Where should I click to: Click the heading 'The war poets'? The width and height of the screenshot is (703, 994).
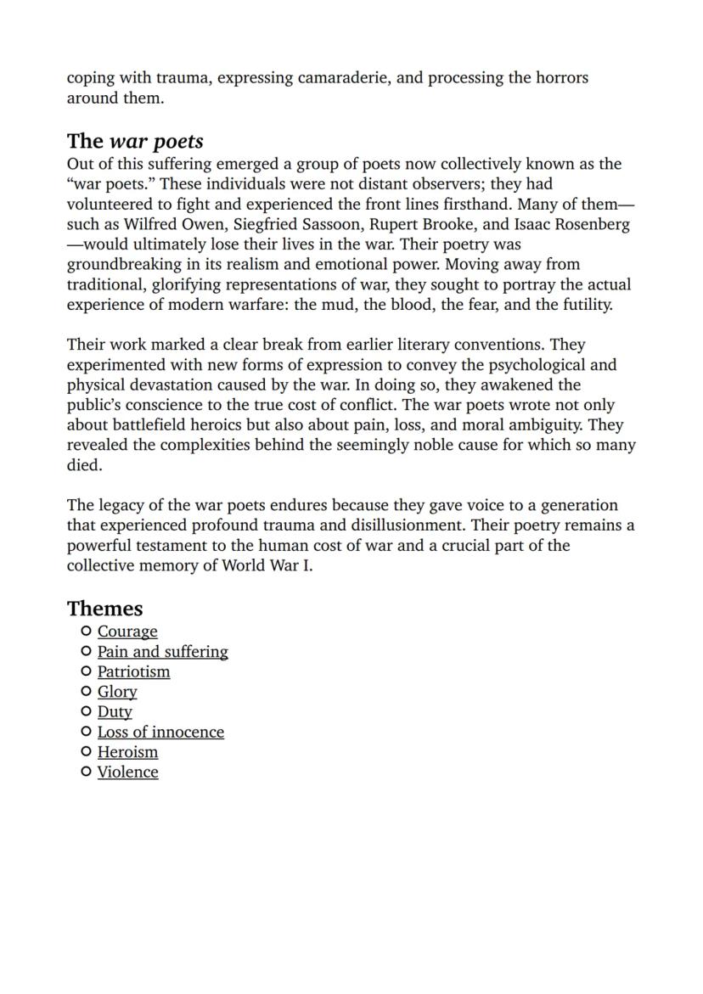click(135, 141)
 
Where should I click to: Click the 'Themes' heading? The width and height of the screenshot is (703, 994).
click(104, 609)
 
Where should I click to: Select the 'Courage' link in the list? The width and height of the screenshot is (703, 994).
click(127, 632)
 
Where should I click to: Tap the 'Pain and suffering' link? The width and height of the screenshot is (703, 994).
click(162, 652)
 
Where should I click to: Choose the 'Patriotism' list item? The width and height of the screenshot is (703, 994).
click(133, 671)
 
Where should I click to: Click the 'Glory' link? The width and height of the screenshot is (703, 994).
click(117, 692)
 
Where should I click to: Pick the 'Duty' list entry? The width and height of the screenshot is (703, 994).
click(115, 712)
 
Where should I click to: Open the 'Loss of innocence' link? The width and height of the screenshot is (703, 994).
click(160, 732)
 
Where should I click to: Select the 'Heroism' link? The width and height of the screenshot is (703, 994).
click(127, 752)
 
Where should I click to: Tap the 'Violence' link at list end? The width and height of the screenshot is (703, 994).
click(127, 772)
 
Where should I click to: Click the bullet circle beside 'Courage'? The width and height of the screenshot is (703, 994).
click(85, 631)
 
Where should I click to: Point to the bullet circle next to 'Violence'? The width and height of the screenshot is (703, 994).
click(85, 772)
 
